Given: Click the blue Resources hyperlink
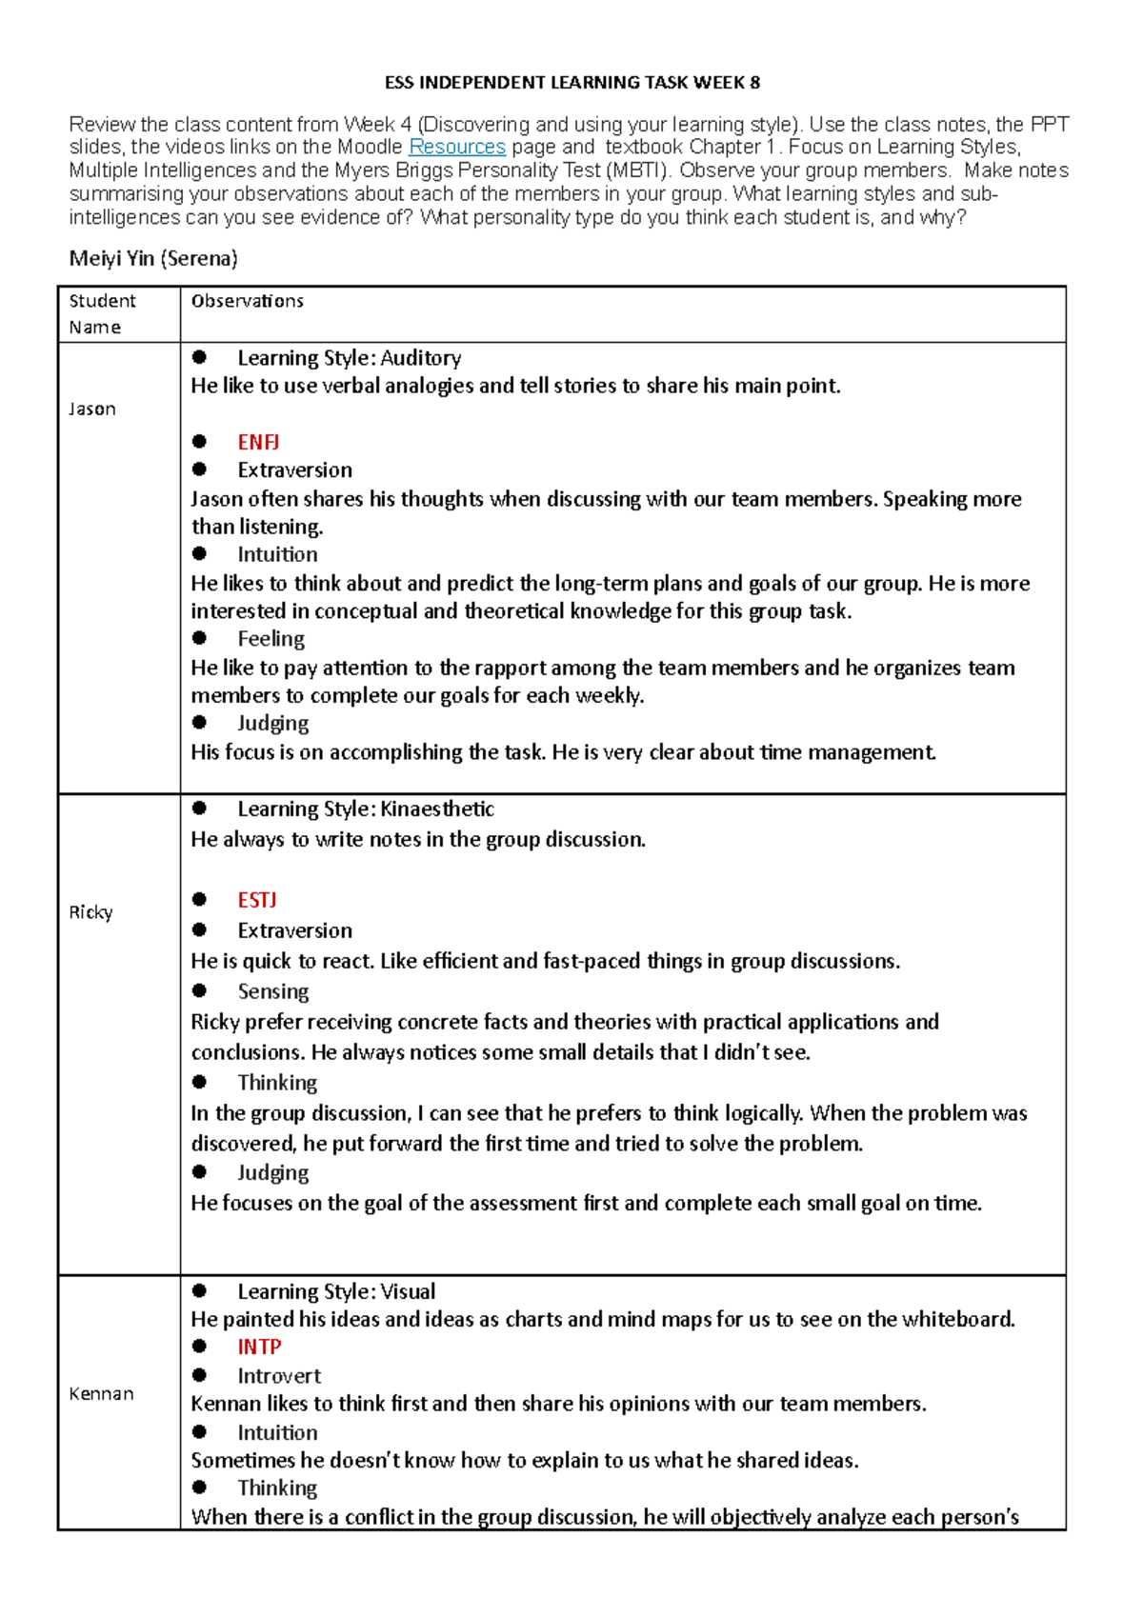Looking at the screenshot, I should click(x=456, y=147).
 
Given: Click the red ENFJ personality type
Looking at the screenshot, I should click(x=258, y=442).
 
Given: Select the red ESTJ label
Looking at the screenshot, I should click(x=257, y=900).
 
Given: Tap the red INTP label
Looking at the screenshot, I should click(x=259, y=1347).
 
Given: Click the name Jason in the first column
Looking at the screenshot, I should click(x=92, y=409).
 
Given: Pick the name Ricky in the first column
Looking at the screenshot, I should click(x=90, y=912).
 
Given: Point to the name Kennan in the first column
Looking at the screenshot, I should click(x=101, y=1393).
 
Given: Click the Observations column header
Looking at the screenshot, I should click(x=247, y=301).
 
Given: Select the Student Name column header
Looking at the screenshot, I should click(x=101, y=313).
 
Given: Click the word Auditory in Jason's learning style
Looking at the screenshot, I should click(x=421, y=358).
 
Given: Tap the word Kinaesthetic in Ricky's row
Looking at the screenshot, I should click(x=437, y=808).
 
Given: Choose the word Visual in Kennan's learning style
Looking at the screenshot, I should click(x=408, y=1291).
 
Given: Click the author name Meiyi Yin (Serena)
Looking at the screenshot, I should click(x=153, y=258).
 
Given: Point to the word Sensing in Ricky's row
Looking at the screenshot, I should click(x=272, y=991).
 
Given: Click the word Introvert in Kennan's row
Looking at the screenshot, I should click(x=279, y=1375).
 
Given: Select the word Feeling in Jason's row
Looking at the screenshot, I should click(x=271, y=639).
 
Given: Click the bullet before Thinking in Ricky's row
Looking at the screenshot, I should click(x=199, y=1082).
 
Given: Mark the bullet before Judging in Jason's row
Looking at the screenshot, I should click(x=199, y=723).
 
